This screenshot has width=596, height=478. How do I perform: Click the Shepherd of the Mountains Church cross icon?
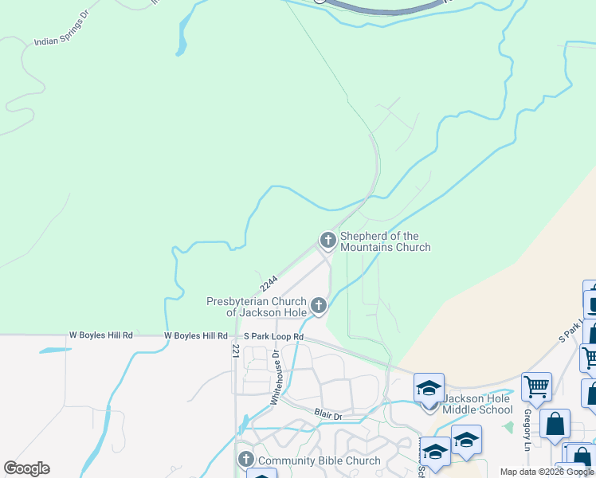[327, 239]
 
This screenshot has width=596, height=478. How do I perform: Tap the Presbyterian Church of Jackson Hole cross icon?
[319, 305]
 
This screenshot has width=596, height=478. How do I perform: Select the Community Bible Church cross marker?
[246, 460]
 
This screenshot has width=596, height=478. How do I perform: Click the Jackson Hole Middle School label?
[477, 404]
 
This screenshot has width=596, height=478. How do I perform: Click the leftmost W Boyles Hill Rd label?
[100, 336]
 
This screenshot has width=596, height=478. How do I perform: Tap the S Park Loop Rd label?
[274, 337]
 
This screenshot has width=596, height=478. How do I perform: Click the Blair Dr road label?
[327, 415]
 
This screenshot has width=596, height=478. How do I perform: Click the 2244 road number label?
[269, 283]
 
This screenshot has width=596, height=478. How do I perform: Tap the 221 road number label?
[236, 351]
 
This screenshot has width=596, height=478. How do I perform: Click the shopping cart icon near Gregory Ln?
[536, 387]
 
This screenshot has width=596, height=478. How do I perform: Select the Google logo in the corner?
[26, 468]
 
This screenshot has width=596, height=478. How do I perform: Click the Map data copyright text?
[547, 472]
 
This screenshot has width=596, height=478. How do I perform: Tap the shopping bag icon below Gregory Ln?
[555, 423]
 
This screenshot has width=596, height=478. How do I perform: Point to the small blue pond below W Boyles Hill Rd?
[53, 350]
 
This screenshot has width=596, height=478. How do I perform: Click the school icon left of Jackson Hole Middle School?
[429, 389]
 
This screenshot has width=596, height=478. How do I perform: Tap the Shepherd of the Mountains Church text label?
[386, 241]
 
